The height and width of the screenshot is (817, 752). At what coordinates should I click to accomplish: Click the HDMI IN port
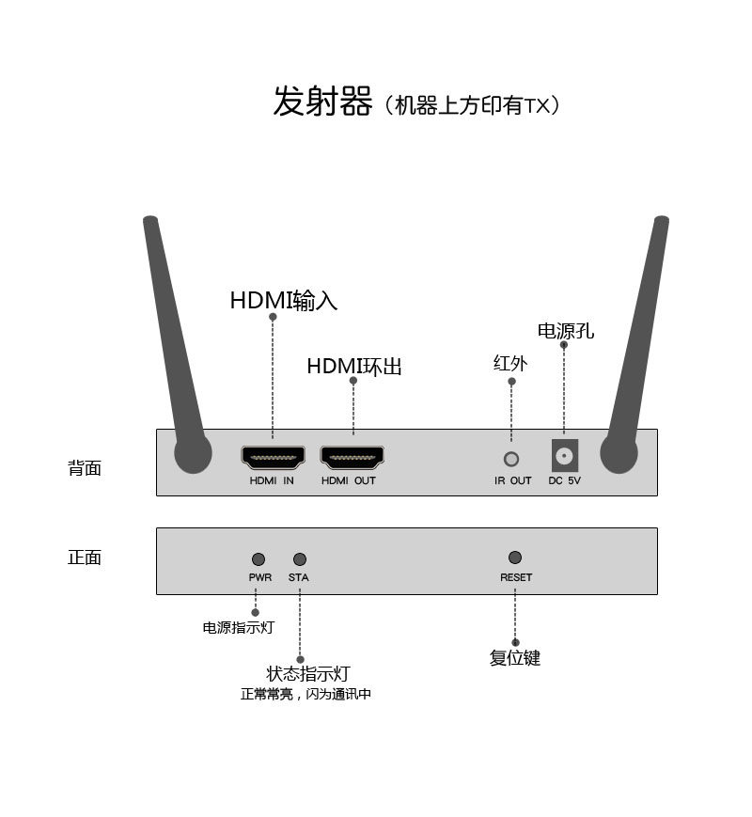pyautogui.click(x=273, y=458)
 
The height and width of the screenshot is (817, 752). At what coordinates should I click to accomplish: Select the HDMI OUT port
pyautogui.click(x=352, y=458)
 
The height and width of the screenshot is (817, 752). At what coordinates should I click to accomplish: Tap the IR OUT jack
pyautogui.click(x=511, y=459)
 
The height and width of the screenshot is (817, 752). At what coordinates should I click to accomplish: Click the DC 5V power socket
pyautogui.click(x=564, y=456)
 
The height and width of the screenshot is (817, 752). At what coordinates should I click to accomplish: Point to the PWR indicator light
pyautogui.click(x=258, y=559)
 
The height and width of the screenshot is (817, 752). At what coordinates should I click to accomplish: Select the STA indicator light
pyautogui.click(x=300, y=559)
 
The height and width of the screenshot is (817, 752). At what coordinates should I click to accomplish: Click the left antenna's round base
pyautogui.click(x=193, y=455)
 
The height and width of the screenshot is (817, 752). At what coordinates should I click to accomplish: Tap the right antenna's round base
pyautogui.click(x=619, y=454)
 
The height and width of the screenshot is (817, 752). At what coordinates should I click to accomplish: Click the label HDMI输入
pyautogui.click(x=284, y=301)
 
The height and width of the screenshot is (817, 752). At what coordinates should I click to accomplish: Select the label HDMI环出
pyautogui.click(x=354, y=367)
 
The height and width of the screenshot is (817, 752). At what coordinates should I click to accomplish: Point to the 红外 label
pyautogui.click(x=510, y=364)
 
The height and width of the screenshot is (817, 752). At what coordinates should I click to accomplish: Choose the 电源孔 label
pyautogui.click(x=566, y=331)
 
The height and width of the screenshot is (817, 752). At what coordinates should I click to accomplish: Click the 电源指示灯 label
pyautogui.click(x=239, y=627)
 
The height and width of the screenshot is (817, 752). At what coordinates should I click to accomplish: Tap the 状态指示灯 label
pyautogui.click(x=308, y=674)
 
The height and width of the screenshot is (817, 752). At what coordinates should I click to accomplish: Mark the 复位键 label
pyautogui.click(x=515, y=658)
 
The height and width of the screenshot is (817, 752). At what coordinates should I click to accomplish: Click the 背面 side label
pyautogui.click(x=85, y=468)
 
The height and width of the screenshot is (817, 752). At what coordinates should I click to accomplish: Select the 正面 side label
pyautogui.click(x=85, y=558)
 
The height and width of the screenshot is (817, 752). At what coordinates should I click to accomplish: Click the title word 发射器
pyautogui.click(x=322, y=102)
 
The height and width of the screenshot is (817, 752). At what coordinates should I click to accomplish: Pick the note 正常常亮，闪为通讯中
pyautogui.click(x=306, y=695)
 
